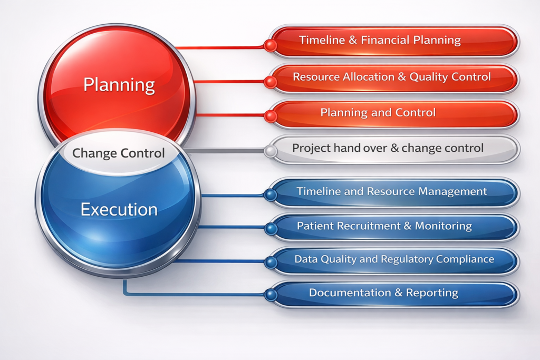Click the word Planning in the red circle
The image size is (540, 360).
(x=119, y=85)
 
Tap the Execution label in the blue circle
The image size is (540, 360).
(x=119, y=209)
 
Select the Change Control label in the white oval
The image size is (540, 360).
(x=119, y=153)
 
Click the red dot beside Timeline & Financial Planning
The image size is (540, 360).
(x=271, y=45)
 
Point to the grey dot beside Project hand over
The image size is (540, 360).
(x=271, y=151)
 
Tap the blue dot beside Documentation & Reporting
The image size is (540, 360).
(x=271, y=295)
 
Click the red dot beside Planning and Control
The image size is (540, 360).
(x=271, y=116)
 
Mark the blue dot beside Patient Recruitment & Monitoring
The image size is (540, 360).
(x=271, y=228)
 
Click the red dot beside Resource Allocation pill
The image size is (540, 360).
(x=271, y=82)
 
